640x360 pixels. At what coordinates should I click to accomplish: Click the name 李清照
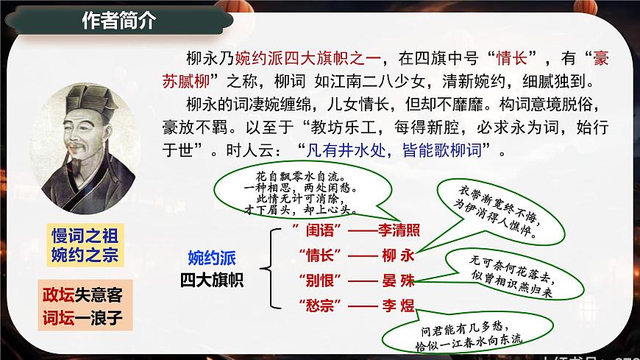click(399, 230)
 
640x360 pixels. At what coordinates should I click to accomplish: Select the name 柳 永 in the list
click(398, 255)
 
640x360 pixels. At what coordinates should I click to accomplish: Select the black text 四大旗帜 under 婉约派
click(212, 280)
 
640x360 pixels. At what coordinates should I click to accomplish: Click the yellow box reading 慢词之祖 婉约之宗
click(84, 245)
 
